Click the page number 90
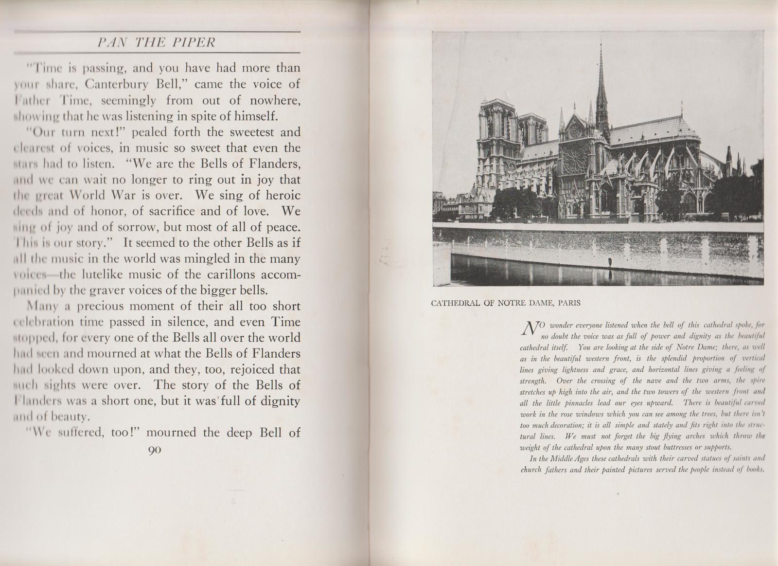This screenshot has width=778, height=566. coord(154,450)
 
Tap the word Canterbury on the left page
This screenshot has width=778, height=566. coord(114,84)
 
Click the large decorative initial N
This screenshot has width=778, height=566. coord(529,329)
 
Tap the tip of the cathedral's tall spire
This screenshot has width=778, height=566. coord(601,43)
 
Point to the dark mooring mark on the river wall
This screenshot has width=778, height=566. coord(609,263)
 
